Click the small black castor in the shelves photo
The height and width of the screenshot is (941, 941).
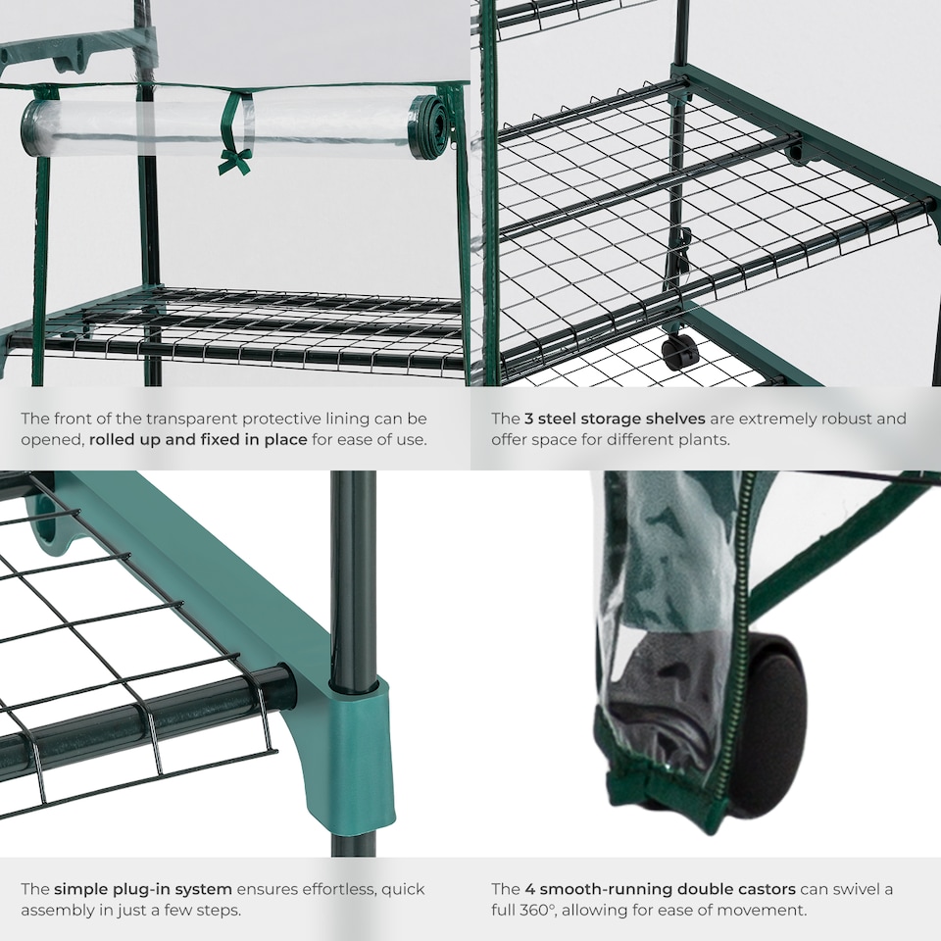point(679,350)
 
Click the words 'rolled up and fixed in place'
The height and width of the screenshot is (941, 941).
point(198,439)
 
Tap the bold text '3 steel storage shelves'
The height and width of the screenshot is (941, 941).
point(615,419)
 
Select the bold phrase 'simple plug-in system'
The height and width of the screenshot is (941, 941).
point(143,889)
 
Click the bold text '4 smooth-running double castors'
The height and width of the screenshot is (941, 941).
point(643,889)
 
